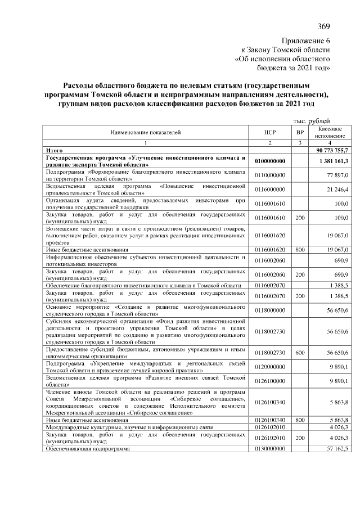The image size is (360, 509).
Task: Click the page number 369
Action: pyautogui.click(x=323, y=26)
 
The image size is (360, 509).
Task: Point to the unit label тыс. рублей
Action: pyautogui.click(x=312, y=121)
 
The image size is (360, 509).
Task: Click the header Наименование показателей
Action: pyautogui.click(x=146, y=133)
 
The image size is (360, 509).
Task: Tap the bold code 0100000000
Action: pyautogui.click(x=271, y=161)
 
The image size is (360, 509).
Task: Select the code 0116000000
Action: pyautogui.click(x=271, y=190)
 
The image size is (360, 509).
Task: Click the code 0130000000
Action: pyautogui.click(x=271, y=449)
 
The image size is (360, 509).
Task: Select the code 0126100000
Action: pyautogui.click(x=271, y=381)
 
